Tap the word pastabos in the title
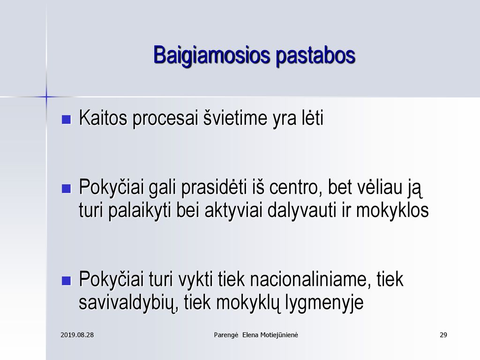pos(315,55)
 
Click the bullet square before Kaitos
pos(66,119)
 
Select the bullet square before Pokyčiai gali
pos(66,188)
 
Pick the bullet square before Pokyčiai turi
pos(66,280)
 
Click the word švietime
pos(235,118)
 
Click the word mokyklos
pos(392,210)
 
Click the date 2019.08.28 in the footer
pos(77,335)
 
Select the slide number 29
pos(443,335)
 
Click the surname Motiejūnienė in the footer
pos(279,335)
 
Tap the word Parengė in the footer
pos(226,335)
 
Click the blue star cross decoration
pos(46,97)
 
